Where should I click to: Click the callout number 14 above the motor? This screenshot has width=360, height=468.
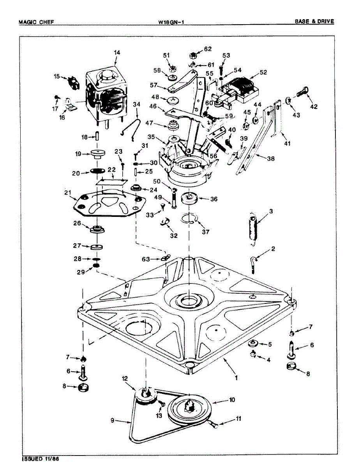[x=117, y=52]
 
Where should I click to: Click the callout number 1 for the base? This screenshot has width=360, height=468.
[x=236, y=378]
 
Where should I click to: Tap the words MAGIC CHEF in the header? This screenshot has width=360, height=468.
[x=36, y=22]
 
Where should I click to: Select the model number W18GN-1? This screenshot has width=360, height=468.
[x=171, y=22]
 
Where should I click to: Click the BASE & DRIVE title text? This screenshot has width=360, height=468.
[x=314, y=22]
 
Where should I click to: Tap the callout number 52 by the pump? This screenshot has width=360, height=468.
[x=263, y=72]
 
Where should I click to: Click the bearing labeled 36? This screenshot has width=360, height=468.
[x=191, y=199]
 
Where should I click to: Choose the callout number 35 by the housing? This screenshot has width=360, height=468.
[x=151, y=137]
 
